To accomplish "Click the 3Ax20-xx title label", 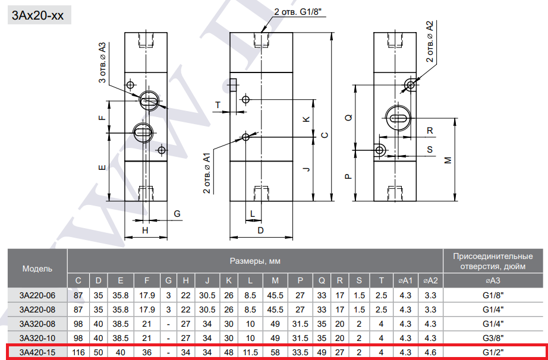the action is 38,15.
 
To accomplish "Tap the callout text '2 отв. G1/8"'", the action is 300,12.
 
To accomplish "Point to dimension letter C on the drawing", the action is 325,135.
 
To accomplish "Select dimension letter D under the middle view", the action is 260,230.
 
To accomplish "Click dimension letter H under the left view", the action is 145,230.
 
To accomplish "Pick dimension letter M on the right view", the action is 448,160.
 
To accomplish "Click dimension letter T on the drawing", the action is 218,105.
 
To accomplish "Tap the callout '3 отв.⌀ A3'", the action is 102,63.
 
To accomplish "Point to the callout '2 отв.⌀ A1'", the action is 207,173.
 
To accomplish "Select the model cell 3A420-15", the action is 37,352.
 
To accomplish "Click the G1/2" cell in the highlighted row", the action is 493,352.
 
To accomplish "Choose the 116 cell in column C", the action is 78,352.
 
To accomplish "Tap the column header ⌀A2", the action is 430,280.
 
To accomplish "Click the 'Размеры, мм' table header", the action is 255,261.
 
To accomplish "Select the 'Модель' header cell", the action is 37,269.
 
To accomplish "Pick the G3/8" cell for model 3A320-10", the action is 493,338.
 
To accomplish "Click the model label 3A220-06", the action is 37,295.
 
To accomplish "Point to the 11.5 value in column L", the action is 250,352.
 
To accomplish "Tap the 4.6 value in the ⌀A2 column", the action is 430,352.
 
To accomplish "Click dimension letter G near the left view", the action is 177,213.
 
